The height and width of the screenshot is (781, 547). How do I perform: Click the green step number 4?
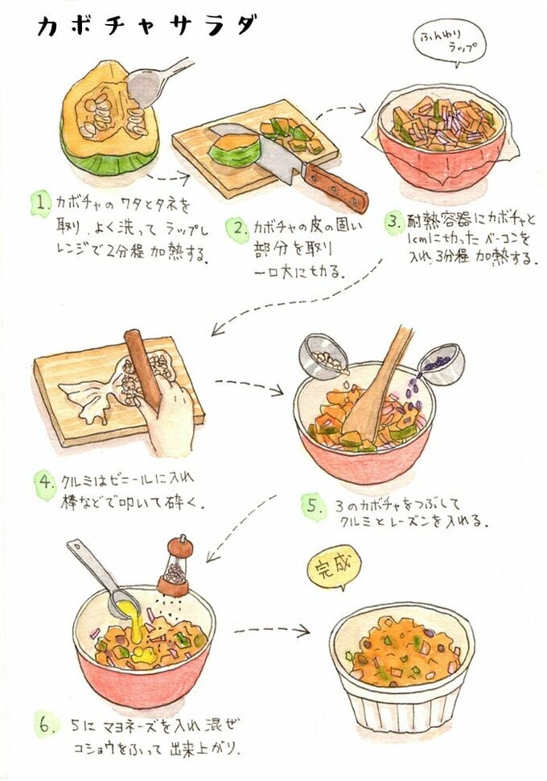[x=44, y=483]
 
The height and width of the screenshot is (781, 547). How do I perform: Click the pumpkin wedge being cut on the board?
[x=234, y=150]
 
